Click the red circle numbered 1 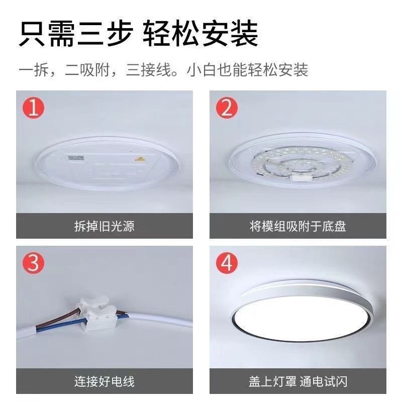tap(33, 108)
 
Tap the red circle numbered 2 tap(227, 108)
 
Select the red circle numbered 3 tap(33, 263)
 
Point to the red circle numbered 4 tap(227, 263)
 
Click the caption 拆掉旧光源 tap(104, 226)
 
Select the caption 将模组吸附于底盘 tap(297, 226)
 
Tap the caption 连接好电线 tap(104, 381)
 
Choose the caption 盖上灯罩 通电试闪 tap(297, 381)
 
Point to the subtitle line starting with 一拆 tap(163, 69)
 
